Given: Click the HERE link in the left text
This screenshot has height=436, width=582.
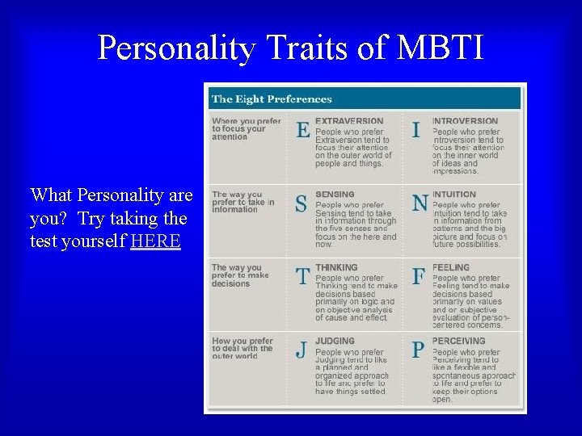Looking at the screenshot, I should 155,241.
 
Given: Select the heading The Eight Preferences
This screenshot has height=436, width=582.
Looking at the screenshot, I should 272,99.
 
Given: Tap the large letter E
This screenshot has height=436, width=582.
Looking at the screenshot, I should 303,130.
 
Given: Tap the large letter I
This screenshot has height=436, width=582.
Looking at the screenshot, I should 416,130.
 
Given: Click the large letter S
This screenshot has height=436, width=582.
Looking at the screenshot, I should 301,204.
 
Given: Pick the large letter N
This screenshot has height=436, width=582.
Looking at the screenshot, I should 420,203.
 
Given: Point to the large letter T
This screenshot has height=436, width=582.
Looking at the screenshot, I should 302,277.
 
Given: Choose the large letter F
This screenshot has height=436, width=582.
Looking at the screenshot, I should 418,277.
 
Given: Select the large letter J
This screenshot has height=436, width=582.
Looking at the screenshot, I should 301,350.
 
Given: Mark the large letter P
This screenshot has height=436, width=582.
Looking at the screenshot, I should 418,350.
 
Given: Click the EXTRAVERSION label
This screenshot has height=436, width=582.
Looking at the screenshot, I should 349,121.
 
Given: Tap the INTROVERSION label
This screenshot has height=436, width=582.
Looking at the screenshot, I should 466,121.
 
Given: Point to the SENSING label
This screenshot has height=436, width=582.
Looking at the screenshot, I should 335,195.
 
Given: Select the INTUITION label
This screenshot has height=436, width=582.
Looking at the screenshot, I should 454,195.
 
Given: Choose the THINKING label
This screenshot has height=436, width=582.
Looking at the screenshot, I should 336,267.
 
